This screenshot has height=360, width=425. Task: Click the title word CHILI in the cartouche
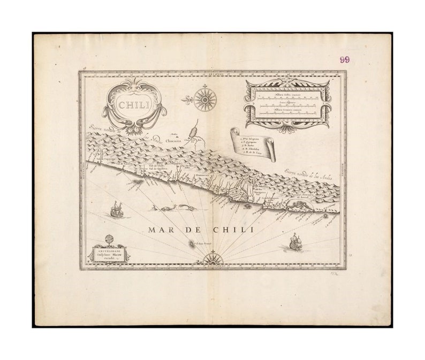[134, 105]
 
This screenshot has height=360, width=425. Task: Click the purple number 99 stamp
[344, 60]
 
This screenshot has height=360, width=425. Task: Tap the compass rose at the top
[204, 98]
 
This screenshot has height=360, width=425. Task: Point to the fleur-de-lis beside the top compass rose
[186, 99]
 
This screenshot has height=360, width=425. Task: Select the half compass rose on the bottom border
[212, 260]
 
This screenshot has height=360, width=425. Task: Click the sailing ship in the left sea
[117, 210]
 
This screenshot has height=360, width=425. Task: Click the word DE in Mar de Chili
[190, 231]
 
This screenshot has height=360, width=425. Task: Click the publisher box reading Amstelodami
[108, 253]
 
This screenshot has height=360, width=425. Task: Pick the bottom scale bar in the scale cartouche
[287, 113]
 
